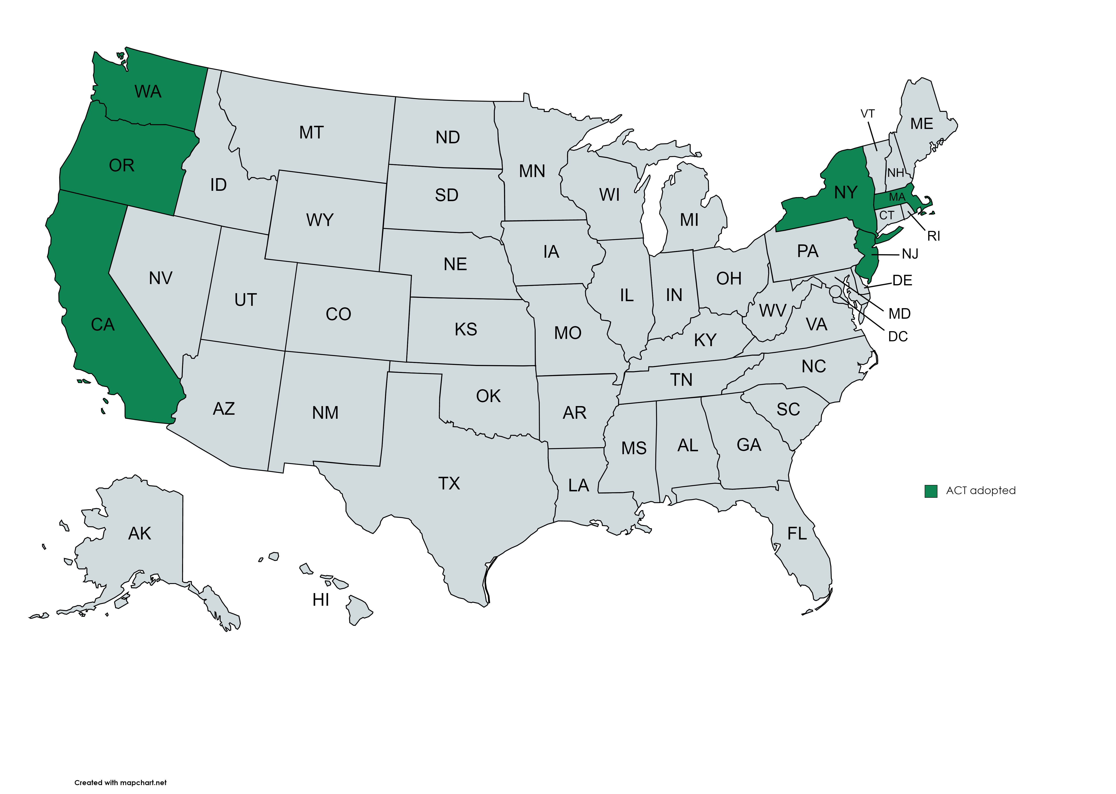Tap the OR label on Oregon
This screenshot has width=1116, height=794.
pos(121,166)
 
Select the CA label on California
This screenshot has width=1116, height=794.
pos(103,325)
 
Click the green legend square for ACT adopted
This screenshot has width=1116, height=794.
pos(931,491)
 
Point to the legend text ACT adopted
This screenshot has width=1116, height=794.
pos(980,490)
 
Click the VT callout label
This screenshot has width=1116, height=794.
pos(867,114)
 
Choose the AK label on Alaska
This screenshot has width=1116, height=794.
pos(139,533)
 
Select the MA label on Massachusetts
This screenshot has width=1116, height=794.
pos(896,197)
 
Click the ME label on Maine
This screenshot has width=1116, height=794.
pos(921,124)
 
